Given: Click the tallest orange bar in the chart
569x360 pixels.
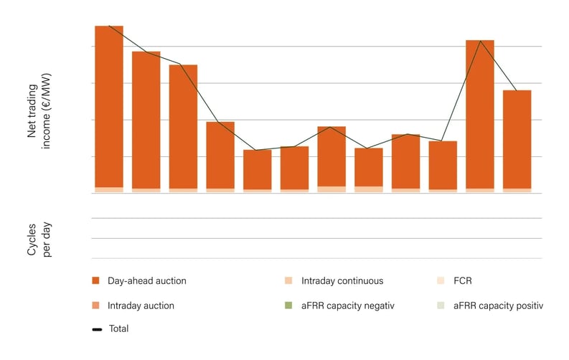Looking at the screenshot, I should [109, 108].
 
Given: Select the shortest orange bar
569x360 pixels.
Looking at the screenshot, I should [258, 170].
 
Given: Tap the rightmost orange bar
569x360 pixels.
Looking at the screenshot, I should [517, 140].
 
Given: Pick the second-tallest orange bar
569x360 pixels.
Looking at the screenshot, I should [480, 115].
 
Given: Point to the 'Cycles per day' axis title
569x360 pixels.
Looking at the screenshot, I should [39, 239].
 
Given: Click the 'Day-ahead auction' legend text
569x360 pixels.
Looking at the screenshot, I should [146, 281].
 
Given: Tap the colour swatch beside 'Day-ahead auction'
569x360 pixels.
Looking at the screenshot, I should [96, 281].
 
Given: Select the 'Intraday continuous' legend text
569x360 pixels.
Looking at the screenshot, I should [342, 281].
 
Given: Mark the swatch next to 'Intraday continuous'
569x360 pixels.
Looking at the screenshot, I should [289, 281].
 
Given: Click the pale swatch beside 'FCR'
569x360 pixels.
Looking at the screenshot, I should [441, 281].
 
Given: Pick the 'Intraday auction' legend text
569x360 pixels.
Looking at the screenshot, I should [141, 305].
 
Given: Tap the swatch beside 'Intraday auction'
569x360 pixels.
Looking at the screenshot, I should [96, 305].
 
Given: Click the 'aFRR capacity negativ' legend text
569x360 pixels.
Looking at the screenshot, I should [349, 305].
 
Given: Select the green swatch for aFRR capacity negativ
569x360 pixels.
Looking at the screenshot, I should [289, 305].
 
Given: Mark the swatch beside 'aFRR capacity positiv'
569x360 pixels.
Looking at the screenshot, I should [441, 305].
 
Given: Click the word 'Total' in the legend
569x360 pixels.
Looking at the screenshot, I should [118, 329].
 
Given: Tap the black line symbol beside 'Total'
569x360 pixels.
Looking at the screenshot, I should [96, 329].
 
